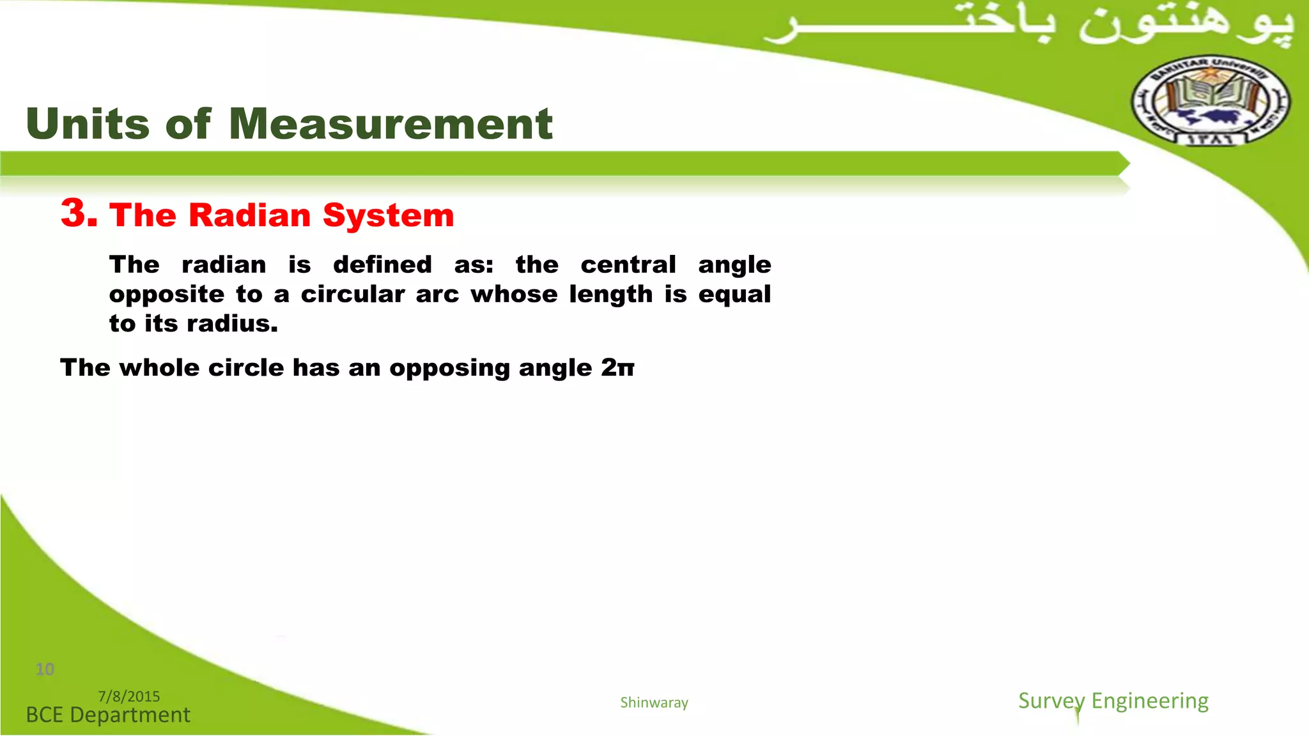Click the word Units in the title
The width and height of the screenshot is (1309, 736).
click(x=88, y=123)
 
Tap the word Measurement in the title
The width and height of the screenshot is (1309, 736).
click(x=391, y=123)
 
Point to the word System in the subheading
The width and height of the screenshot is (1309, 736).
click(x=389, y=216)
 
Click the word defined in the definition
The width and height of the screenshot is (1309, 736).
click(x=382, y=264)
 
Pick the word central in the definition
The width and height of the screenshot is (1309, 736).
click(x=628, y=264)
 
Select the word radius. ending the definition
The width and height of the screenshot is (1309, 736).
click(x=233, y=323)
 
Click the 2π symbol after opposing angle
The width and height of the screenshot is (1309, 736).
click(x=617, y=367)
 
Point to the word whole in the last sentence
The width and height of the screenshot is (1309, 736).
click(x=159, y=367)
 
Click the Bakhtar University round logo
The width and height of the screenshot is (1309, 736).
click(x=1211, y=101)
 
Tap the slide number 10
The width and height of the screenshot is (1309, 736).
click(x=45, y=669)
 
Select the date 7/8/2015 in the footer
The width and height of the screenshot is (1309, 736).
click(x=129, y=696)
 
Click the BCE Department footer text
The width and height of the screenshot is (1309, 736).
click(x=108, y=715)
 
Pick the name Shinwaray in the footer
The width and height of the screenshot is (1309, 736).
click(x=654, y=703)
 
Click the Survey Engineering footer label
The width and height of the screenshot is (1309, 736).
click(x=1113, y=701)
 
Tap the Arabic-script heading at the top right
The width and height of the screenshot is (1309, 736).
click(x=1029, y=26)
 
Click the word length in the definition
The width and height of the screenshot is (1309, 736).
click(x=611, y=294)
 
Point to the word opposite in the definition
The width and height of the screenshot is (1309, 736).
click(x=167, y=295)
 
